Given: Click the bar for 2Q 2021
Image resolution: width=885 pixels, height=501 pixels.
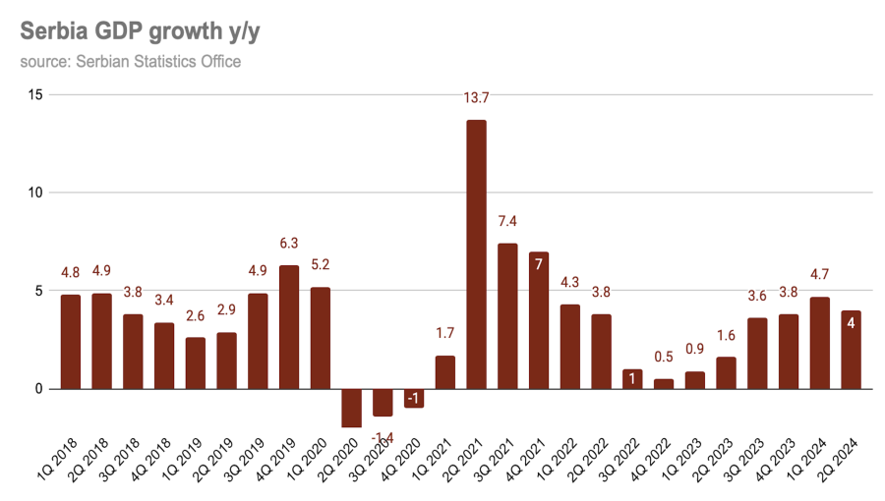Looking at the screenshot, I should pyautogui.click(x=476, y=254).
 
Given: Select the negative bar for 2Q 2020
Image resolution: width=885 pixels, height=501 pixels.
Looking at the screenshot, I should pyautogui.click(x=352, y=408).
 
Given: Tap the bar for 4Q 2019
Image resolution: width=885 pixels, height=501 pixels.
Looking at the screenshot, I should pyautogui.click(x=289, y=327).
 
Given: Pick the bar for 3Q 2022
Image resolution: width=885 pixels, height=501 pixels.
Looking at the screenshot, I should pyautogui.click(x=632, y=379).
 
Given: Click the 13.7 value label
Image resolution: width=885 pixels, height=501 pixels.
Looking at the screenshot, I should pyautogui.click(x=476, y=98).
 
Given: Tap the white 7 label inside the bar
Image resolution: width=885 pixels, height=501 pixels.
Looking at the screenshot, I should pyautogui.click(x=539, y=265).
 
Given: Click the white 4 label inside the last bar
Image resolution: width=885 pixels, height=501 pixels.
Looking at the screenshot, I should pyautogui.click(x=850, y=324).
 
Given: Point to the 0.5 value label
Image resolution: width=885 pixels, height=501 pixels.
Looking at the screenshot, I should pyautogui.click(x=664, y=357).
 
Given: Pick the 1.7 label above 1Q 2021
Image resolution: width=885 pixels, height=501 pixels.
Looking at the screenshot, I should pyautogui.click(x=444, y=334).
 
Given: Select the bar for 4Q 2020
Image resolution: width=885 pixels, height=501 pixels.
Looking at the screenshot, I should pyautogui.click(x=414, y=398).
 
